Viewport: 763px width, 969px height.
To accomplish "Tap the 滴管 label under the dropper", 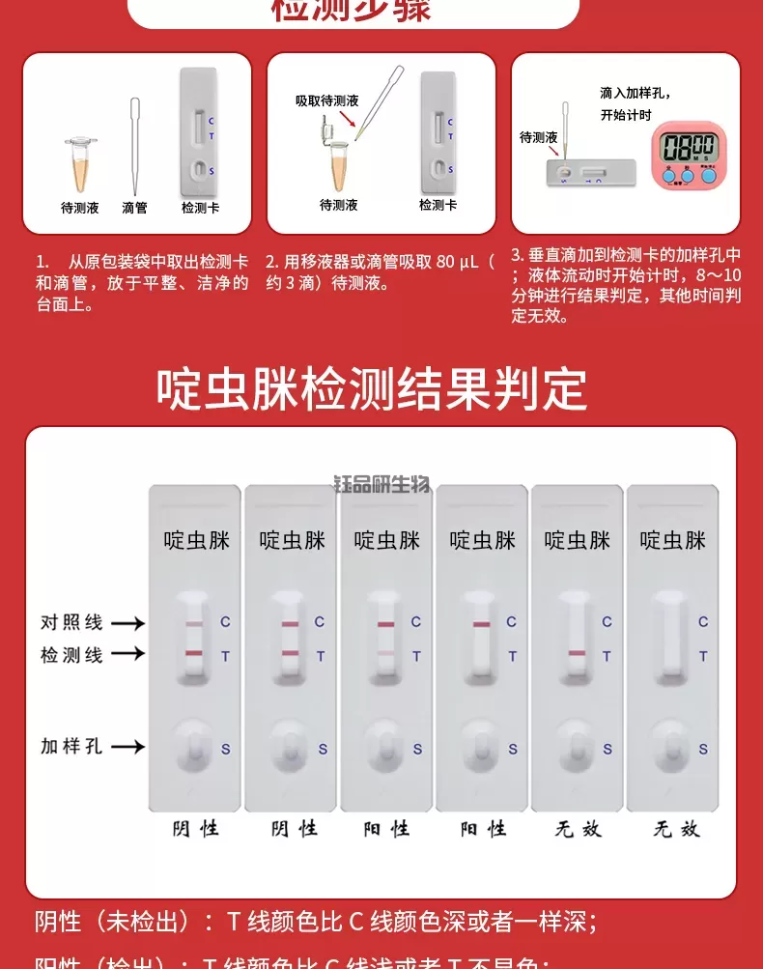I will point(134,208).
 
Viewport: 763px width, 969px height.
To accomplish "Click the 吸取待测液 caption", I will point(326,100).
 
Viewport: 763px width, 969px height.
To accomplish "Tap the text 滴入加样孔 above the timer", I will point(635,93).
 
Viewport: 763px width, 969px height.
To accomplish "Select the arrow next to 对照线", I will point(127,623).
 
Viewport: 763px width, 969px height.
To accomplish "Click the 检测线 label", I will point(71,655).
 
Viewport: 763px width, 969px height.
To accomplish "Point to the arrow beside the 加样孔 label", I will point(127,747).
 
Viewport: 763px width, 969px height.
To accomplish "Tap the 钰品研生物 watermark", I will point(381,485).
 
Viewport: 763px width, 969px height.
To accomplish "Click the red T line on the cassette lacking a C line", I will point(577,655).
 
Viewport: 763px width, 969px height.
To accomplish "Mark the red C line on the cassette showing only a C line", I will point(481,624).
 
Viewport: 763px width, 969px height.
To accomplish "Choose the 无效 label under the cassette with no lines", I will point(676,828).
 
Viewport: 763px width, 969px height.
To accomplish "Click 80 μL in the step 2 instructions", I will point(457,262).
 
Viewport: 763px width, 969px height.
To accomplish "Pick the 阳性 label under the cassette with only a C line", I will point(483,828).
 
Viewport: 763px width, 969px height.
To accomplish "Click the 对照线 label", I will point(71,622).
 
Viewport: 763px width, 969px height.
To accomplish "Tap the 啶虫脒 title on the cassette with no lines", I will point(673,540).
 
